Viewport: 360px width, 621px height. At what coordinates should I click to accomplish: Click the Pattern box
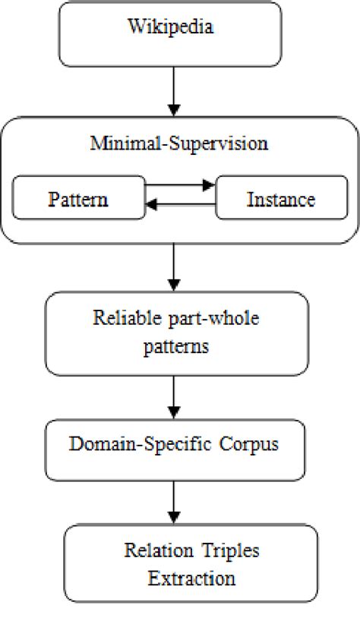pos(78,198)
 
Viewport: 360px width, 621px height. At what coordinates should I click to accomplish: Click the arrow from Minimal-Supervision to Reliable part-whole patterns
pos(175,267)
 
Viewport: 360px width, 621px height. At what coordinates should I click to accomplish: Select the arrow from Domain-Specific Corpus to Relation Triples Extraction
pos(175,502)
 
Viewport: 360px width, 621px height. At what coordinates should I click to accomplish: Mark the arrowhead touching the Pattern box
pos(150,203)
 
